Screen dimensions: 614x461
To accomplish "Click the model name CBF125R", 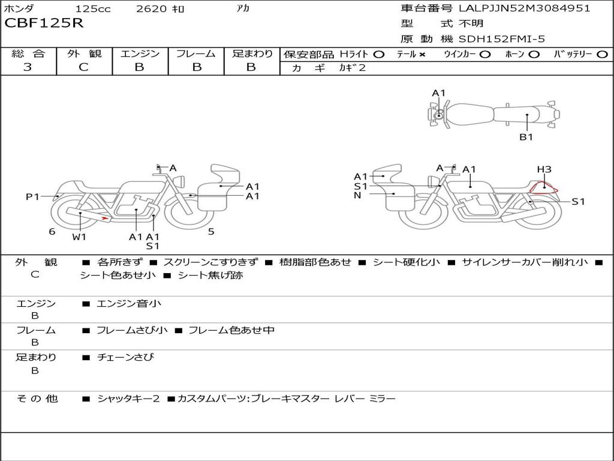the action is (44, 23).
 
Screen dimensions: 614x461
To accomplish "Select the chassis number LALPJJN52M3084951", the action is (524, 8).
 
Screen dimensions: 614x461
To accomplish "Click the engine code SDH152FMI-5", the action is (502, 39).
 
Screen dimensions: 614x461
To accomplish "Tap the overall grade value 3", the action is (28, 67).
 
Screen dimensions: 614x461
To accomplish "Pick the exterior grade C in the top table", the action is (83, 67).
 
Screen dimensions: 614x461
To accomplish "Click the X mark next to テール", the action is (422, 55).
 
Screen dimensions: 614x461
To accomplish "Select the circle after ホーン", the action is (534, 55).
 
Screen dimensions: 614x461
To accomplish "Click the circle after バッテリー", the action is (602, 55).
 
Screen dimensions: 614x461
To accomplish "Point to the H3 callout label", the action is (544, 169).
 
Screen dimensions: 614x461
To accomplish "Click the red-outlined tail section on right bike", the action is (544, 188).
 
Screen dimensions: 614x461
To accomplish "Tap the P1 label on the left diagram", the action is (32, 196).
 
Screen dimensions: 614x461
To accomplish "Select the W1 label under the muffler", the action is (79, 237).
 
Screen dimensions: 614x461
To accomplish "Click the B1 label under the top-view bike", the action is (526, 137).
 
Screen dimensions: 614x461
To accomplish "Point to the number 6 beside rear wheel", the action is (52, 232).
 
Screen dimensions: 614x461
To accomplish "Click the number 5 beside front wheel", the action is (211, 232).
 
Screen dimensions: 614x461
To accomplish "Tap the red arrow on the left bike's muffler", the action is (104, 218).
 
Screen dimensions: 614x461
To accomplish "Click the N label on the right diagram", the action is (357, 195).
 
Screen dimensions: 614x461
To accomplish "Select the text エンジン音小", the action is (129, 303).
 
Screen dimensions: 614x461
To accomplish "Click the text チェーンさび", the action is (125, 357).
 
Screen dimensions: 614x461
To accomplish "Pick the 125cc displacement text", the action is (93, 8).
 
